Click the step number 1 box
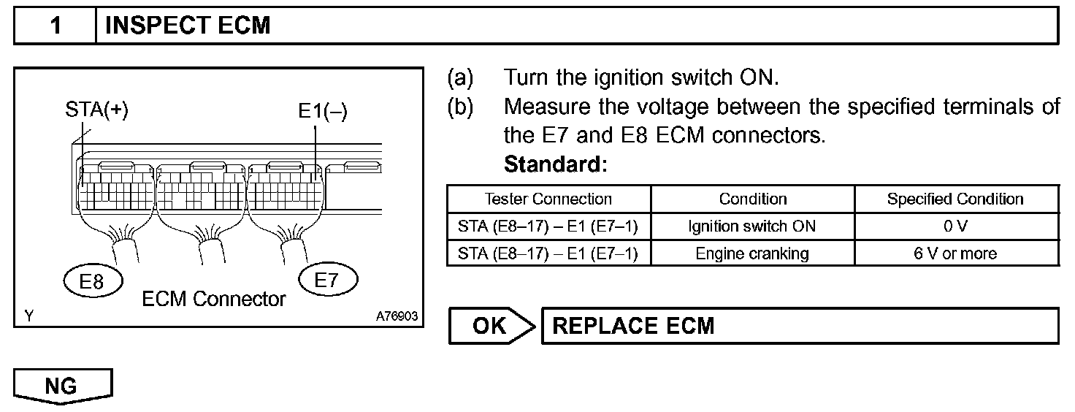56,26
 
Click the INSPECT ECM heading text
188,26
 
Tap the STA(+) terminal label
96,111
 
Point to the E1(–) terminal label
322,111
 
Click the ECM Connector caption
214,299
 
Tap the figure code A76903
397,316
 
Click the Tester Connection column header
548,199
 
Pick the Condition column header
753,199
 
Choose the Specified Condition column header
955,199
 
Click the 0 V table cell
955,226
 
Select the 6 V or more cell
955,253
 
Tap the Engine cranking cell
753,253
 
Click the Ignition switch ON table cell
753,226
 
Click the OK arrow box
491,326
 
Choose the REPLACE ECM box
799,326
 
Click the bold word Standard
555,164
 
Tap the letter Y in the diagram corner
28,316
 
